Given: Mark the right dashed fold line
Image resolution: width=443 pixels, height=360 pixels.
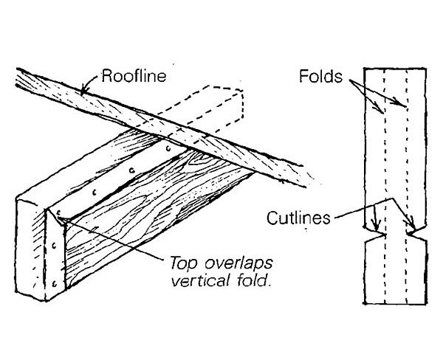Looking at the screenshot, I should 407,148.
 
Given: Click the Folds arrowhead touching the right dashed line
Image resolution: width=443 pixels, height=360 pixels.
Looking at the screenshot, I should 404,105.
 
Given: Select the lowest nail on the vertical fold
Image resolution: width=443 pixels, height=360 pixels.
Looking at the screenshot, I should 55,282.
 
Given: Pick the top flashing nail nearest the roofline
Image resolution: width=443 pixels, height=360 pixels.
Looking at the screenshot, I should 169,148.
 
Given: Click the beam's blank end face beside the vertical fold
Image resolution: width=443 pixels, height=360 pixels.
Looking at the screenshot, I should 33,251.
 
